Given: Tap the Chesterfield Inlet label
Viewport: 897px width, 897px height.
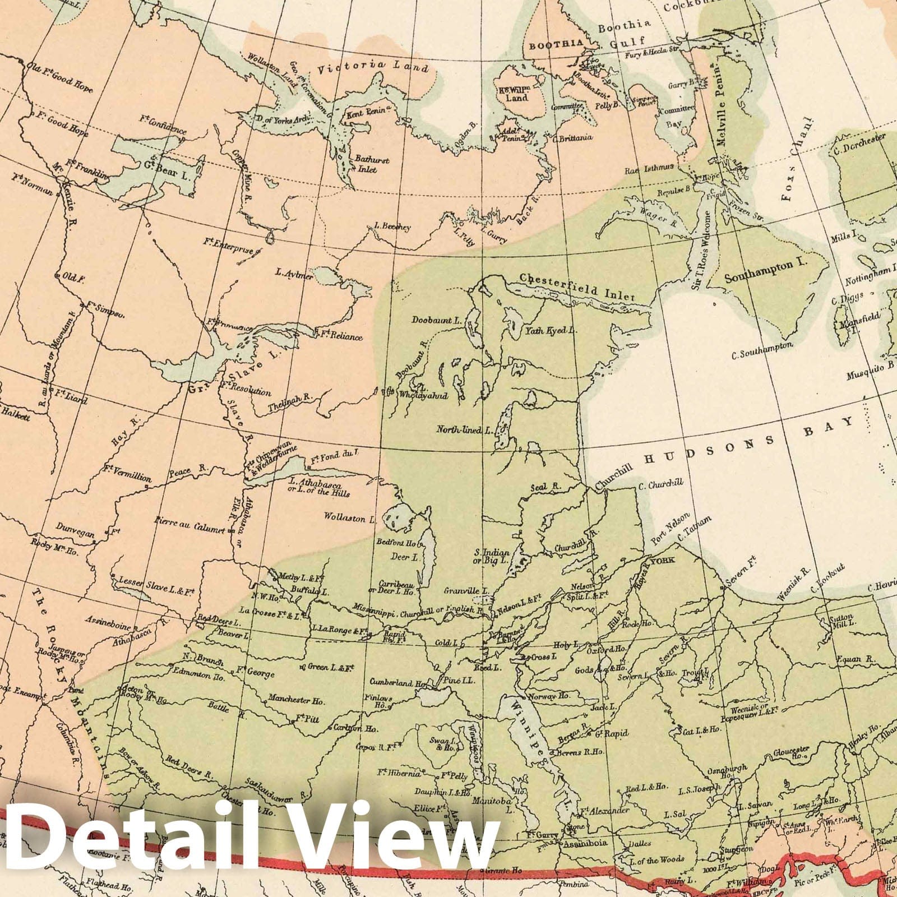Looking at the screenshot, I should [x=577, y=286].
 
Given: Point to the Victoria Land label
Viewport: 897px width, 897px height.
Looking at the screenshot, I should [x=372, y=68].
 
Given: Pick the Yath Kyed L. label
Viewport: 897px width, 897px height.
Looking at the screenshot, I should [x=551, y=331].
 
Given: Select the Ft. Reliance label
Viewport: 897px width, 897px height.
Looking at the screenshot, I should [x=339, y=336].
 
